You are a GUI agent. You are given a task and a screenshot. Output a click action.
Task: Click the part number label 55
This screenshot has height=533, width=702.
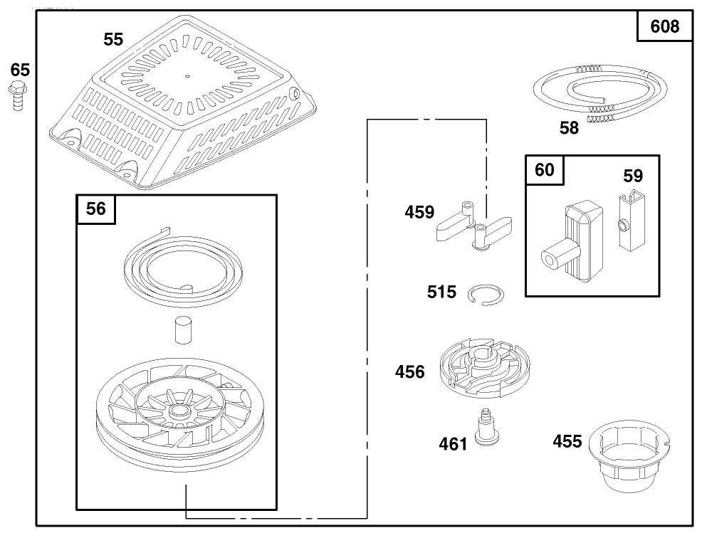point(113,40)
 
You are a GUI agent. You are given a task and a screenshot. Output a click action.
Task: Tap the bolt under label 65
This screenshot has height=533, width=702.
point(15,95)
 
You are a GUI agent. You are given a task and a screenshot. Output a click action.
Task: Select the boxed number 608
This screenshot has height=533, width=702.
point(665,27)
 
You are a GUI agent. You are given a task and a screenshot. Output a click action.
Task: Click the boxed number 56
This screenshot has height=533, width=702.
point(95,209)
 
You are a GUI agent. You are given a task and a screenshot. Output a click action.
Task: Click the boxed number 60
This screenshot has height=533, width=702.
point(544,170)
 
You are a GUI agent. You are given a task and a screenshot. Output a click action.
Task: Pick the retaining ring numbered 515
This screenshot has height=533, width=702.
point(486,294)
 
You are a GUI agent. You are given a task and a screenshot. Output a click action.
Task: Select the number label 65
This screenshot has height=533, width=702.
point(20,70)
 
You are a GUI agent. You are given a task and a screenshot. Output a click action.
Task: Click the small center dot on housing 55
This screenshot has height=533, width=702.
point(187,75)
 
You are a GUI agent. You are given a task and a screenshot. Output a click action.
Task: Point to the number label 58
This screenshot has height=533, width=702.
point(569,128)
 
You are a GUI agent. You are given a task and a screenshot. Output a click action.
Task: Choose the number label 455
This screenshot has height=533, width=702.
point(567,441)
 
